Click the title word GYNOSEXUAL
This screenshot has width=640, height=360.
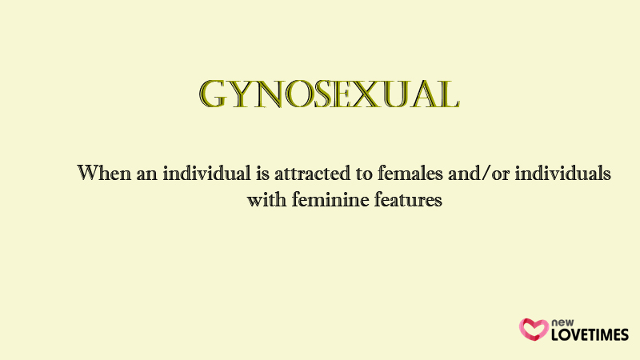[x=330, y=94]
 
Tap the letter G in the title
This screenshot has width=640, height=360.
[x=213, y=94]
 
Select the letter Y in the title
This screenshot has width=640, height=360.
[x=241, y=95]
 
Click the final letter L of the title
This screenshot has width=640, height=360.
[x=448, y=95]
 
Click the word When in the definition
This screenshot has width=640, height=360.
[x=104, y=173]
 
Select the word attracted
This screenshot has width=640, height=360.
[x=312, y=173]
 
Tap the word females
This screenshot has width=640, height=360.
[x=410, y=173]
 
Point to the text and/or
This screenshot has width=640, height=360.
[x=478, y=173]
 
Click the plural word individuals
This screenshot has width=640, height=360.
[x=562, y=173]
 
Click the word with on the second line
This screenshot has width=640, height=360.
[x=266, y=199]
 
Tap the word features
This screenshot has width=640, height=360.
[x=408, y=199]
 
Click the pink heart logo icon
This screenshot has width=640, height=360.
[x=534, y=330]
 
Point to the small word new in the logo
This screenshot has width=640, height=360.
[x=562, y=322]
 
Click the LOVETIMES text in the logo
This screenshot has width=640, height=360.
[x=590, y=334]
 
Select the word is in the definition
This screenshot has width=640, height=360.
[x=262, y=173]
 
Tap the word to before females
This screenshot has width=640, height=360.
[x=364, y=174]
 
